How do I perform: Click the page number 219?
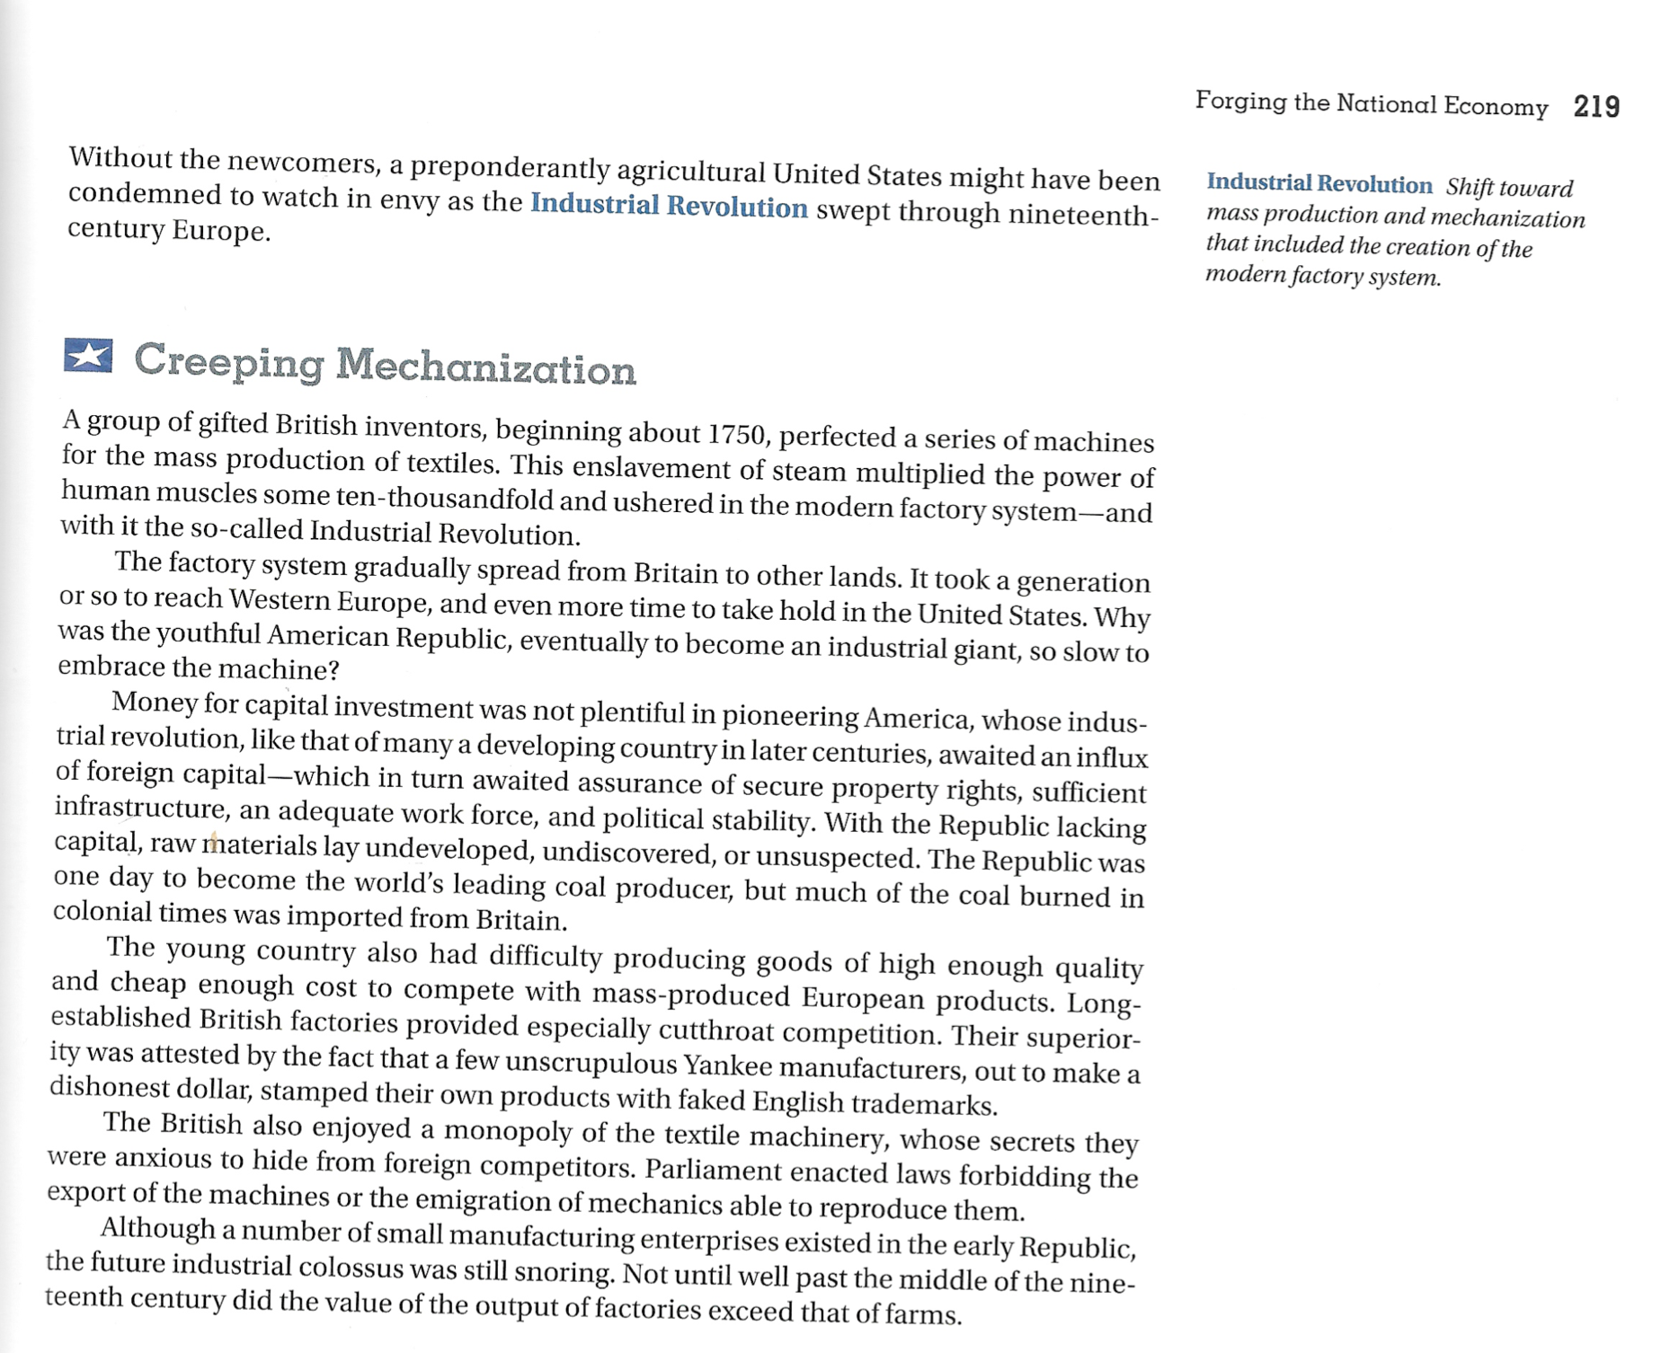1596,107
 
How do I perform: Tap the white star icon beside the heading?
88,356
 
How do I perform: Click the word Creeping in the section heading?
228,361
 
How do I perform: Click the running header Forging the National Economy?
1371,103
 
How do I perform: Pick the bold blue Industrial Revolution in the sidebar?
1319,183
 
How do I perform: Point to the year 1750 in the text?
736,435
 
